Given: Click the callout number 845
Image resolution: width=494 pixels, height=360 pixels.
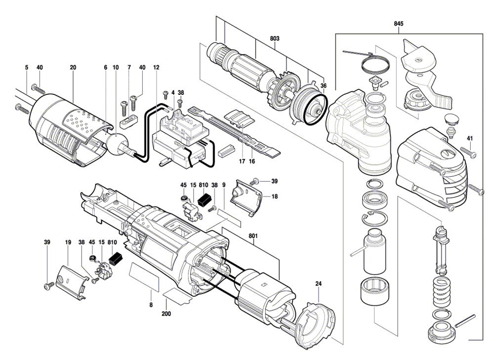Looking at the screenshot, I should point(399,24).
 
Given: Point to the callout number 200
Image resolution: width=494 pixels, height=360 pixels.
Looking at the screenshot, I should point(166,314).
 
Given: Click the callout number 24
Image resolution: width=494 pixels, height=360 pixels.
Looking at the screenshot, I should point(318,284).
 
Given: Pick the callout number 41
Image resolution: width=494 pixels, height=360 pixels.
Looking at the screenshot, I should point(469,138).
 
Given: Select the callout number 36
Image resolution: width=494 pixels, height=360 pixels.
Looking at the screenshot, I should point(324,85).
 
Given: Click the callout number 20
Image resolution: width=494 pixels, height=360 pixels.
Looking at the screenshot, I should point(73,67).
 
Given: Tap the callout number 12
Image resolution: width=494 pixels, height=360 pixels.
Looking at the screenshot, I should point(156,67).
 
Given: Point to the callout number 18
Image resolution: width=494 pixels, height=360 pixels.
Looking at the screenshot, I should point(275,196).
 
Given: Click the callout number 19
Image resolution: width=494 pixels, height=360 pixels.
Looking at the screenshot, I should point(68,242).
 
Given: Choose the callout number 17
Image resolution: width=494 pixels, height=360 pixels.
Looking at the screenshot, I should point(242,161).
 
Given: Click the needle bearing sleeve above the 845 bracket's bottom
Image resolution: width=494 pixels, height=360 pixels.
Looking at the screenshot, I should point(374,293).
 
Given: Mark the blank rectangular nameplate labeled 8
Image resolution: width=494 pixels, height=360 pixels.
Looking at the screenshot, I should point(145,277).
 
